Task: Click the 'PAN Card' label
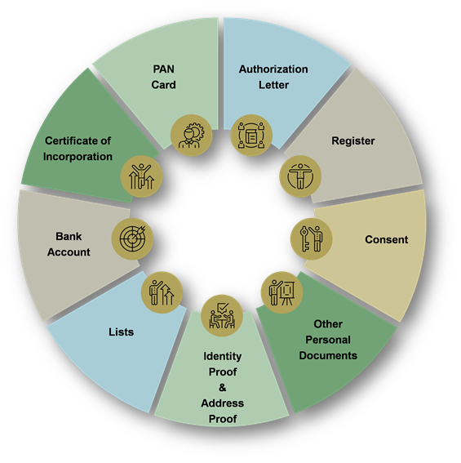(x=163, y=77)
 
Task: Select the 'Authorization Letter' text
(x=273, y=77)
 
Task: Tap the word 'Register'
(x=353, y=140)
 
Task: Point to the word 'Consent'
(x=386, y=239)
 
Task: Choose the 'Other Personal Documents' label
(x=328, y=340)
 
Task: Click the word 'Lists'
(x=121, y=332)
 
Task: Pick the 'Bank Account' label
(x=69, y=244)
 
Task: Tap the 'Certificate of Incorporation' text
(x=78, y=149)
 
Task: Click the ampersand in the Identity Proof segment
(x=223, y=387)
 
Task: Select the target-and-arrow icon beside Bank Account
(x=132, y=239)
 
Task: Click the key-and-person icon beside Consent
(x=312, y=239)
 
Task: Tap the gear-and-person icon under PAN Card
(x=192, y=136)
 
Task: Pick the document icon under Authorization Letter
(x=251, y=136)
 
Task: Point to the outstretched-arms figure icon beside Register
(x=300, y=176)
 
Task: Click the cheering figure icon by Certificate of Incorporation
(x=141, y=176)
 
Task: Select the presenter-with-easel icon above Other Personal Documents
(x=281, y=292)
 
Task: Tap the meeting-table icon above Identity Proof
(x=222, y=316)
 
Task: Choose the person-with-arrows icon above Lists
(x=162, y=292)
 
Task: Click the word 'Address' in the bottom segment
(x=223, y=403)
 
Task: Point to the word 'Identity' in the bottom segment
(x=223, y=356)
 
